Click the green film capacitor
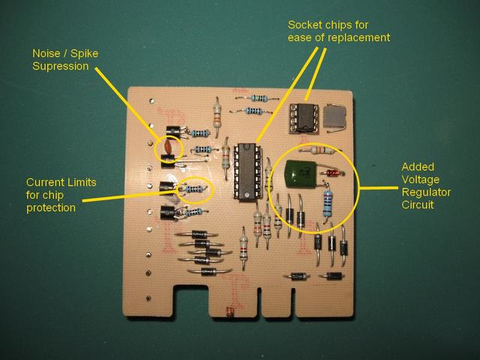pyautogui.click(x=299, y=177)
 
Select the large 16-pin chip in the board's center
pyautogui.click(x=245, y=171)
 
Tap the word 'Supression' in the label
pyautogui.click(x=57, y=66)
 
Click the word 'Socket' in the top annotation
pyautogui.click(x=304, y=25)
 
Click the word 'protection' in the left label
pyautogui.click(x=51, y=207)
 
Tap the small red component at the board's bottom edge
pyautogui.click(x=229, y=310)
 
